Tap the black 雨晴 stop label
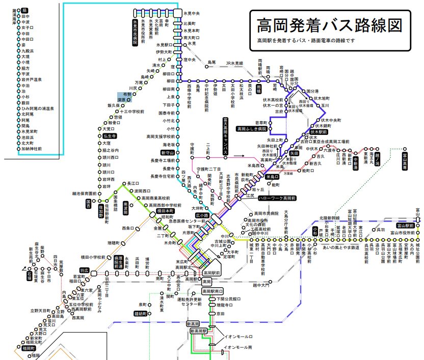(258, 89)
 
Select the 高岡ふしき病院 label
(251, 129)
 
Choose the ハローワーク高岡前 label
(277, 198)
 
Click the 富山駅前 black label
(406, 225)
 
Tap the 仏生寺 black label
(110, 136)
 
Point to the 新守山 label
(168, 152)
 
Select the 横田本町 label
(165, 210)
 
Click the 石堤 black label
(29, 274)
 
